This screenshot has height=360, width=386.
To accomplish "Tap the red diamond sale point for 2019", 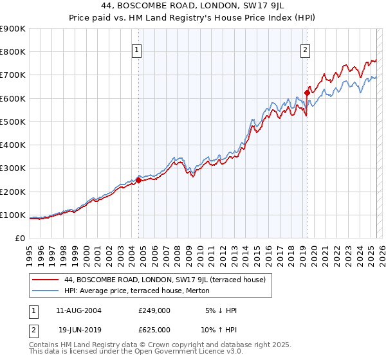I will pos(307,93).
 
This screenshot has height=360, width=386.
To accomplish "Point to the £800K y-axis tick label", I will pos(13,52).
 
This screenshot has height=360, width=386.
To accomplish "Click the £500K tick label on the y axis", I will pos(13,122).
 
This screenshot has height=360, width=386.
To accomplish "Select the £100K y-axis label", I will pos(13,215).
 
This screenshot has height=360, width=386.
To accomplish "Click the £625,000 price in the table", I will pos(154,329).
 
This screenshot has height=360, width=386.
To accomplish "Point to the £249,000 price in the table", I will pos(154,310).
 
